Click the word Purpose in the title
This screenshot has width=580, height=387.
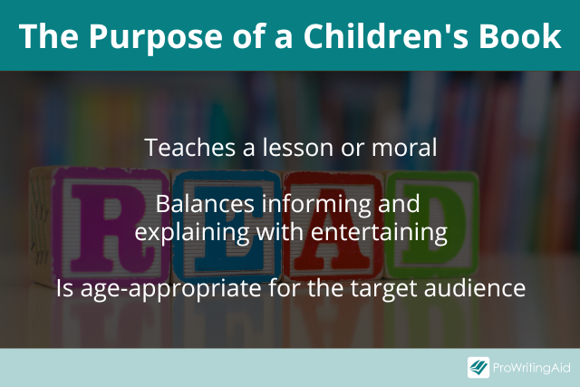tap(156, 38)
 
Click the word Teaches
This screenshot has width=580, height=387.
tap(189, 147)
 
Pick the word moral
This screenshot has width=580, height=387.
tap(404, 147)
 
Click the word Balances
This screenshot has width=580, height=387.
tap(205, 204)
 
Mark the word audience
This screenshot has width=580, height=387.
tap(475, 288)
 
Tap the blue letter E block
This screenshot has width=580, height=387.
tap(227, 227)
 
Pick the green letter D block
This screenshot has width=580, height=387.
tap(432, 225)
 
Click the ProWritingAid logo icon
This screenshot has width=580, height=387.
tap(478, 367)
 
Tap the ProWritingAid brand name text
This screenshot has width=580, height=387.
tap(532, 368)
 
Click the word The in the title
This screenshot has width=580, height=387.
tap(49, 36)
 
